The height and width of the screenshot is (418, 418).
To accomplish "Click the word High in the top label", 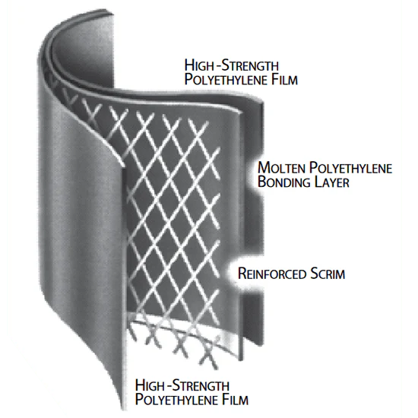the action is tap(198, 65).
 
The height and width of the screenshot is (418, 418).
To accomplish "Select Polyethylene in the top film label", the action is tap(226, 80).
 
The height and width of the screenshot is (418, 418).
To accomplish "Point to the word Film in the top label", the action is tap(284, 79).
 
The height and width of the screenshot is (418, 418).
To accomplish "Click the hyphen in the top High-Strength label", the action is tap(217, 66).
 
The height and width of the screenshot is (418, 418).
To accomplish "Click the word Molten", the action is tap(281, 168).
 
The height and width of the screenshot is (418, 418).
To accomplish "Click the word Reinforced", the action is tap(272, 274).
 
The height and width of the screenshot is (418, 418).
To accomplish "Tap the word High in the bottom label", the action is tap(149, 385).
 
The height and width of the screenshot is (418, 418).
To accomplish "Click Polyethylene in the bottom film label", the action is tap(176, 399).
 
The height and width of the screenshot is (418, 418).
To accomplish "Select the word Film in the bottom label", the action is tap(235, 399).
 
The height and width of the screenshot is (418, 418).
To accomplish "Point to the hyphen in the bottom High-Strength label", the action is tap(168, 386).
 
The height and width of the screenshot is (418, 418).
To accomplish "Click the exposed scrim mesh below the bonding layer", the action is tap(182, 338).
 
